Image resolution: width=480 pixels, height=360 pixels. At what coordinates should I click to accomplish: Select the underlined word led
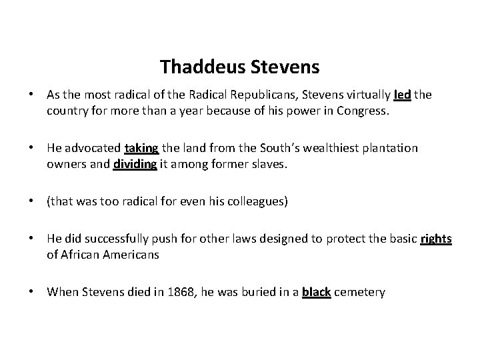point(402,95)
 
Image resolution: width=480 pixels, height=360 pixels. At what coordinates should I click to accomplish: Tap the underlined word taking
point(141,147)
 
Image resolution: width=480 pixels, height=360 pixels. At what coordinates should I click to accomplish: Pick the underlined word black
point(316,292)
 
